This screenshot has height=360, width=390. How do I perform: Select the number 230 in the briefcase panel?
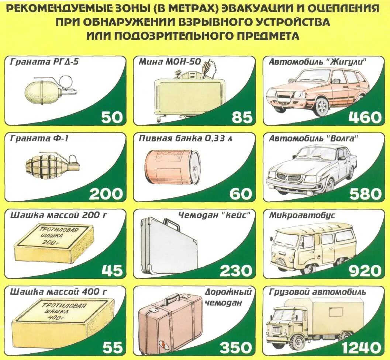(x=236, y=271)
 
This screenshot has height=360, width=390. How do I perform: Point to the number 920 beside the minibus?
(x=365, y=271)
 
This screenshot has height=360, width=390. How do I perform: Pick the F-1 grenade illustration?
(x=52, y=165)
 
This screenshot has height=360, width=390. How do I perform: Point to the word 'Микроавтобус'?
(x=302, y=215)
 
